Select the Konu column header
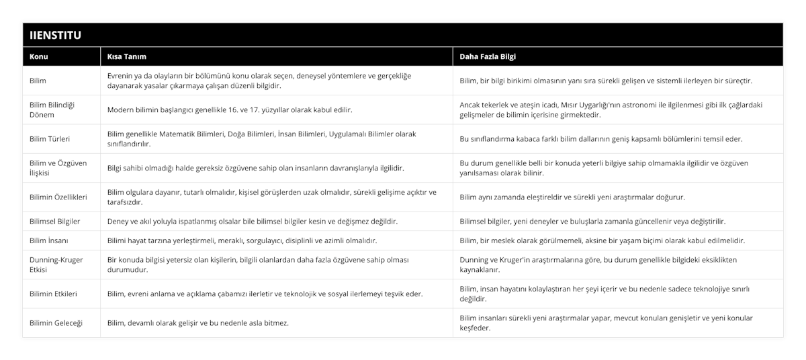tap(39, 56)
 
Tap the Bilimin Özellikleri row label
tap(59, 197)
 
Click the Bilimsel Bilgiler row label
tap(55, 221)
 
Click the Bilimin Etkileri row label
tap(54, 294)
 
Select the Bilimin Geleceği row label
tap(56, 323)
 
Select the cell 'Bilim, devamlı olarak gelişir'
tap(198, 323)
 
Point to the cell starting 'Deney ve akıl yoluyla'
tap(252, 221)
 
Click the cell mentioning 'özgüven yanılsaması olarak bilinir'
tap(608, 168)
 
